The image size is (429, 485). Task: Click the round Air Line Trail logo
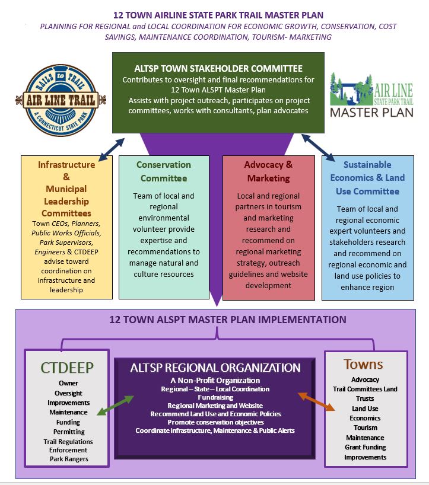pyautogui.click(x=61, y=100)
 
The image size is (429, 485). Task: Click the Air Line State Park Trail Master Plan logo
pyautogui.click(x=371, y=95)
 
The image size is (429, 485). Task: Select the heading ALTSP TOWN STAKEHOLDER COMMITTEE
pyautogui.click(x=218, y=68)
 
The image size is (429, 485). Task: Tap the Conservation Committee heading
pyautogui.click(x=164, y=171)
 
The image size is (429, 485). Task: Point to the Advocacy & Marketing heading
pyautogui.click(x=268, y=171)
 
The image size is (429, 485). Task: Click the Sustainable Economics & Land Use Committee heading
pyautogui.click(x=367, y=178)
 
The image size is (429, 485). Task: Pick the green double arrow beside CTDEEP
pyautogui.click(x=115, y=405)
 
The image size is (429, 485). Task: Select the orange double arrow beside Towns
pyautogui.click(x=316, y=401)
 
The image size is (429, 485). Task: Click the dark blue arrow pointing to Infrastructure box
pyautogui.click(x=112, y=149)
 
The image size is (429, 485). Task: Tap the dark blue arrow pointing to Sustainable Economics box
pyautogui.click(x=318, y=148)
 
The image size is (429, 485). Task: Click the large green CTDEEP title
pyautogui.click(x=67, y=368)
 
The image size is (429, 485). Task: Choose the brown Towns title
pyautogui.click(x=363, y=365)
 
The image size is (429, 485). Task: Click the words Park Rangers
pyautogui.click(x=69, y=459)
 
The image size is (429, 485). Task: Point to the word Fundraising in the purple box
pyautogui.click(x=215, y=397)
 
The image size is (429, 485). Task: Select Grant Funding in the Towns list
pyautogui.click(x=366, y=447)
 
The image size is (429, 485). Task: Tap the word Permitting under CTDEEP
pyautogui.click(x=69, y=432)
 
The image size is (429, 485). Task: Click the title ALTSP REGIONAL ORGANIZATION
pyautogui.click(x=215, y=368)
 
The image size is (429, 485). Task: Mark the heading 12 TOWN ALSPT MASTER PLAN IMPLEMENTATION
pyautogui.click(x=228, y=320)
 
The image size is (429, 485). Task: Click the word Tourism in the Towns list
pyautogui.click(x=366, y=427)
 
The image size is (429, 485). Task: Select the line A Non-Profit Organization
pyautogui.click(x=215, y=381)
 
